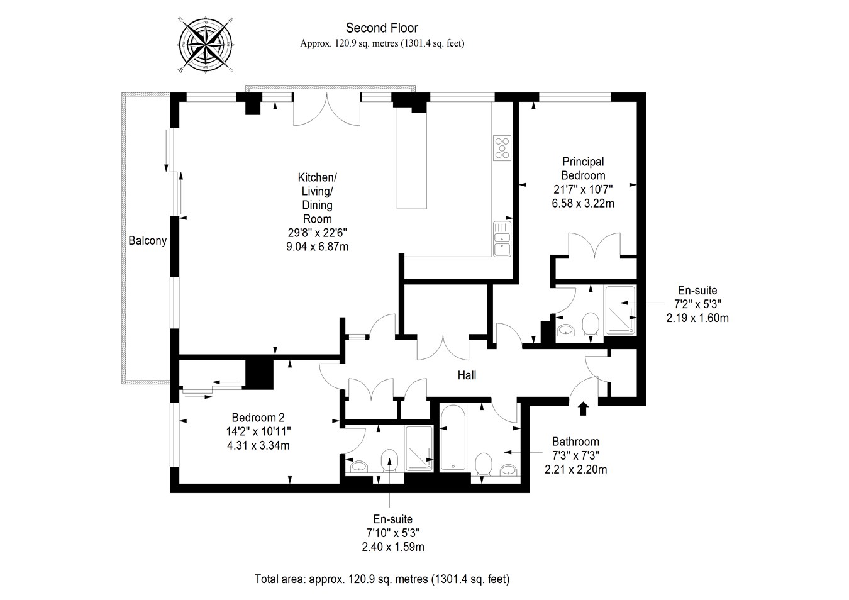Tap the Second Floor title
coord(382,28)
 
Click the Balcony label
coord(147,240)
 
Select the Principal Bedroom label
coord(583,169)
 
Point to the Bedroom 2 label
coord(258,418)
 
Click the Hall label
coord(467,375)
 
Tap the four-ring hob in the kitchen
coord(502,148)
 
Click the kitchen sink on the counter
coord(502,238)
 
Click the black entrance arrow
coord(583,408)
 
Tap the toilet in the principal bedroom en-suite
coord(590,325)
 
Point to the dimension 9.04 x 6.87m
coord(317,247)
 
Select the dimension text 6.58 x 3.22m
coord(583,203)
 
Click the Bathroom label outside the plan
coord(575,442)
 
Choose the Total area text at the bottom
coord(382,579)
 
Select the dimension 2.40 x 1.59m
coord(392,547)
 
